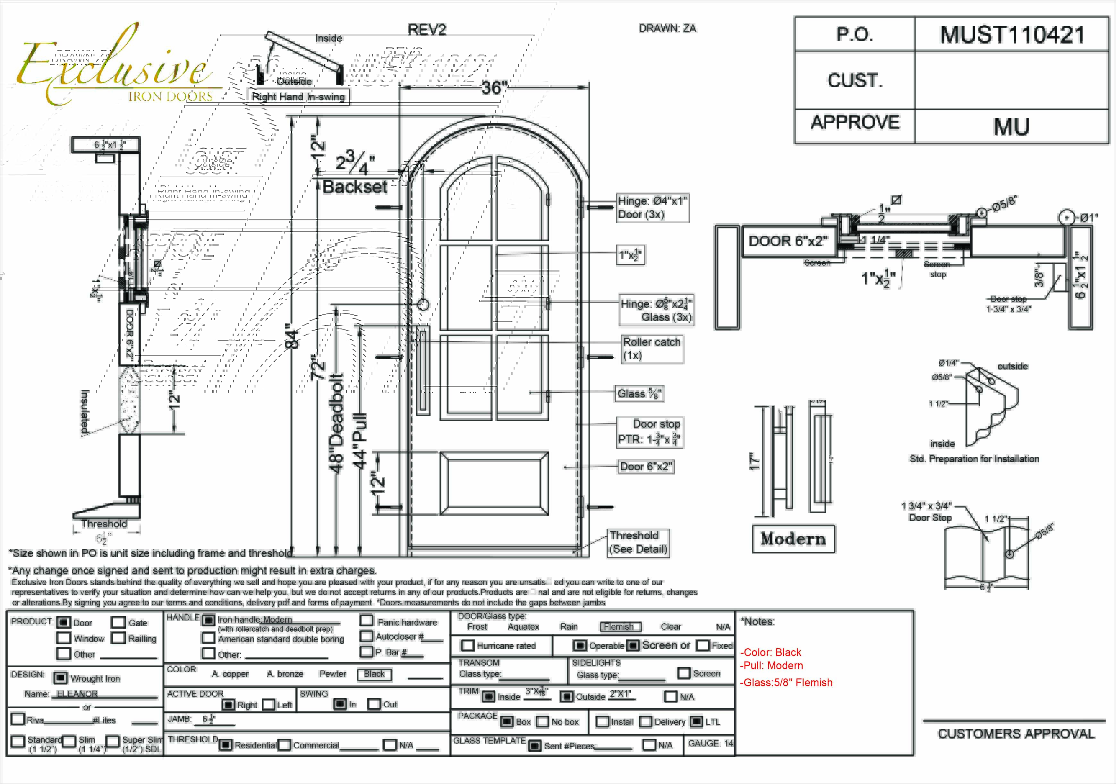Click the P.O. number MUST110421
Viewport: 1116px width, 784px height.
(x=1012, y=35)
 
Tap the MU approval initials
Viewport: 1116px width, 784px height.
(x=1011, y=126)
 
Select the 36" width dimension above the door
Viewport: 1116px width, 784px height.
(x=494, y=88)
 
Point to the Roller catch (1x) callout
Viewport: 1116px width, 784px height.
(x=652, y=348)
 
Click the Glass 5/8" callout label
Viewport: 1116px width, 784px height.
(x=639, y=393)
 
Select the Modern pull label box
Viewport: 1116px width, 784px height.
(x=793, y=539)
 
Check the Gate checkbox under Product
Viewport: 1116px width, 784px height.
(x=118, y=623)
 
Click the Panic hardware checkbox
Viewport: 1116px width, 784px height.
(x=366, y=621)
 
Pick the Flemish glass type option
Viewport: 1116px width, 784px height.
(x=620, y=626)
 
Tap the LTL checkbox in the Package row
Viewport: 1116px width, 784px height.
(x=696, y=721)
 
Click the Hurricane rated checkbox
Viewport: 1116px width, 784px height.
(x=468, y=645)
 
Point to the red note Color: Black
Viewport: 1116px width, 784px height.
(x=771, y=652)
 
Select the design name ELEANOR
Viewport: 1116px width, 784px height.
(x=77, y=694)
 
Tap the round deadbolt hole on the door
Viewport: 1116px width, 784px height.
(x=423, y=304)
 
